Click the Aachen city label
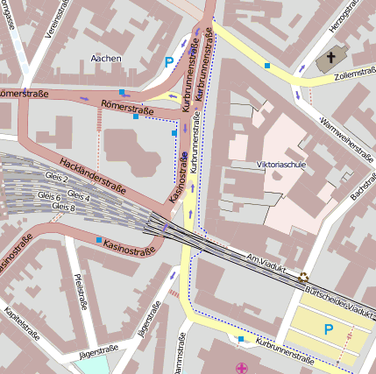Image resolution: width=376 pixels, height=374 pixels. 106,59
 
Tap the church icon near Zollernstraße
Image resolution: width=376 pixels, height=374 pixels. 330,60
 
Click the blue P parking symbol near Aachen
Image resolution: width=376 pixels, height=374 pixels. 168,62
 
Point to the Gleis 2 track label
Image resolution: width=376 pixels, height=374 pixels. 54,179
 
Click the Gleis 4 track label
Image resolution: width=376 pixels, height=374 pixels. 79,197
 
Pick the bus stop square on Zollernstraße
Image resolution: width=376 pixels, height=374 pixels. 267,66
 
